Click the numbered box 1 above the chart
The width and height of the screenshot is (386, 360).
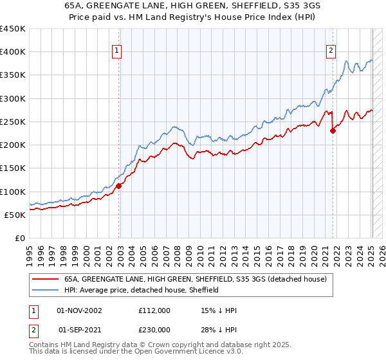click(x=117, y=52)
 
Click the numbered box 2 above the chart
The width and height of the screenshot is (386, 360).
click(x=331, y=52)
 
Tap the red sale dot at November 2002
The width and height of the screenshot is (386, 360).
click(x=119, y=186)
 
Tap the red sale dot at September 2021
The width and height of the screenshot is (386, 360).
click(x=333, y=131)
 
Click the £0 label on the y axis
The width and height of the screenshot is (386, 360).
click(x=20, y=238)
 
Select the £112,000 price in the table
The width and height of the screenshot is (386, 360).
click(x=154, y=310)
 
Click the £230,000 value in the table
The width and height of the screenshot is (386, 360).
click(x=154, y=330)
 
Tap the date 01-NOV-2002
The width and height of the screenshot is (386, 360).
click(x=80, y=310)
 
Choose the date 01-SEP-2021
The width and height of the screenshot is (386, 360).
click(x=80, y=330)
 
